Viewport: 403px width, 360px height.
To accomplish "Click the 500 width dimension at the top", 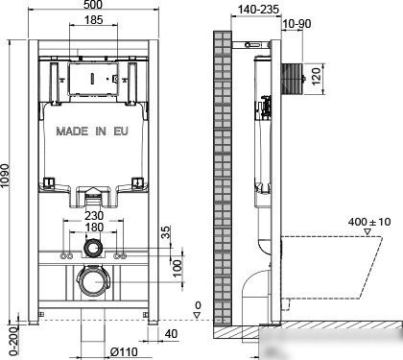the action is click(x=94, y=5).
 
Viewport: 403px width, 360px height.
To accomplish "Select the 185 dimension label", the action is click(x=93, y=20).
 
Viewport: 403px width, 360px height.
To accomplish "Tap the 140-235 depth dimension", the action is click(x=258, y=10).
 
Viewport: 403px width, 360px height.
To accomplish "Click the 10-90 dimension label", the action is click(x=296, y=24).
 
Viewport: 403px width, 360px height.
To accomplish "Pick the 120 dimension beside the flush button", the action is click(x=316, y=76).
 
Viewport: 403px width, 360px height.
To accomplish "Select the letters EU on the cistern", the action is click(x=121, y=132).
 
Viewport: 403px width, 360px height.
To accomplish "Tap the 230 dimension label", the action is click(x=94, y=215).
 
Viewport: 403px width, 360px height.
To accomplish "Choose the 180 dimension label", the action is click(x=94, y=228).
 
